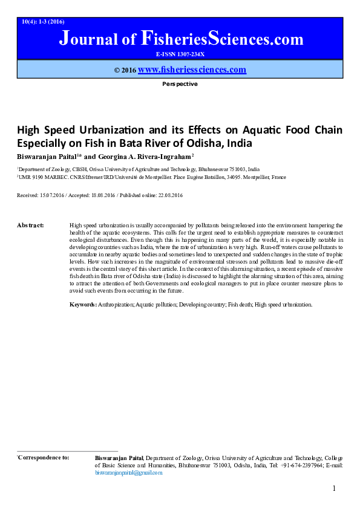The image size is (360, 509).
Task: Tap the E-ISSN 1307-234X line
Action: [180, 54]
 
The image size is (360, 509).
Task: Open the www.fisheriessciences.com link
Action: [192, 70]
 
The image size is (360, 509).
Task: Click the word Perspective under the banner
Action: [180, 84]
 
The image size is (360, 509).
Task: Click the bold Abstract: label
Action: [30, 225]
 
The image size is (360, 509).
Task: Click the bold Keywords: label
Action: [83, 305]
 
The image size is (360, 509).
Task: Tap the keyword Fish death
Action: [239, 305]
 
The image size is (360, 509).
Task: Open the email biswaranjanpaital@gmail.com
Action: [129, 473]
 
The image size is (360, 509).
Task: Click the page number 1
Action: [333, 488]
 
